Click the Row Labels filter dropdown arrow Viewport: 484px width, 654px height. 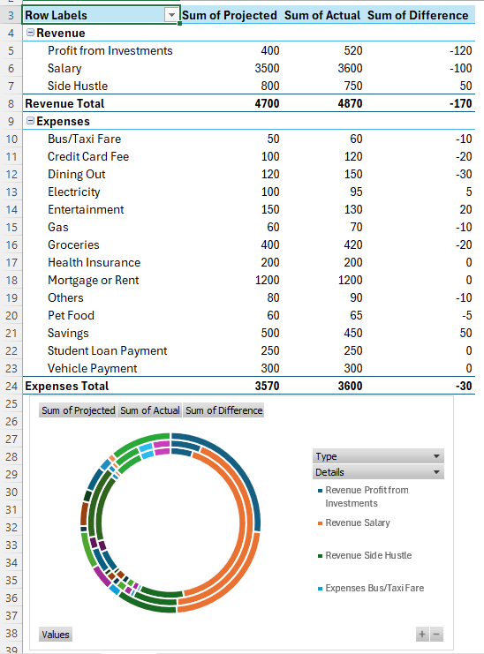point(171,15)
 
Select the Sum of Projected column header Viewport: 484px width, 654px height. point(229,15)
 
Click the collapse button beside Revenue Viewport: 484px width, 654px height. point(31,33)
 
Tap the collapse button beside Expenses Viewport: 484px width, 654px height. point(31,121)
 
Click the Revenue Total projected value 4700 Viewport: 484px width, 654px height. point(265,103)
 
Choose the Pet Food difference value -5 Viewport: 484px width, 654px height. point(465,315)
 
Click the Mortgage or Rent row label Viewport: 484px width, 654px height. point(93,280)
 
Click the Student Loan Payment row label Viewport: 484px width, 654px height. point(107,350)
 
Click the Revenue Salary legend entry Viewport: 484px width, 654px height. point(357,523)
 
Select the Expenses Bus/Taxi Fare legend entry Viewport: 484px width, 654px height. point(374,588)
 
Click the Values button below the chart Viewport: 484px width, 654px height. point(56,635)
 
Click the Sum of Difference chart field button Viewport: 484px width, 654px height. point(223,410)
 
